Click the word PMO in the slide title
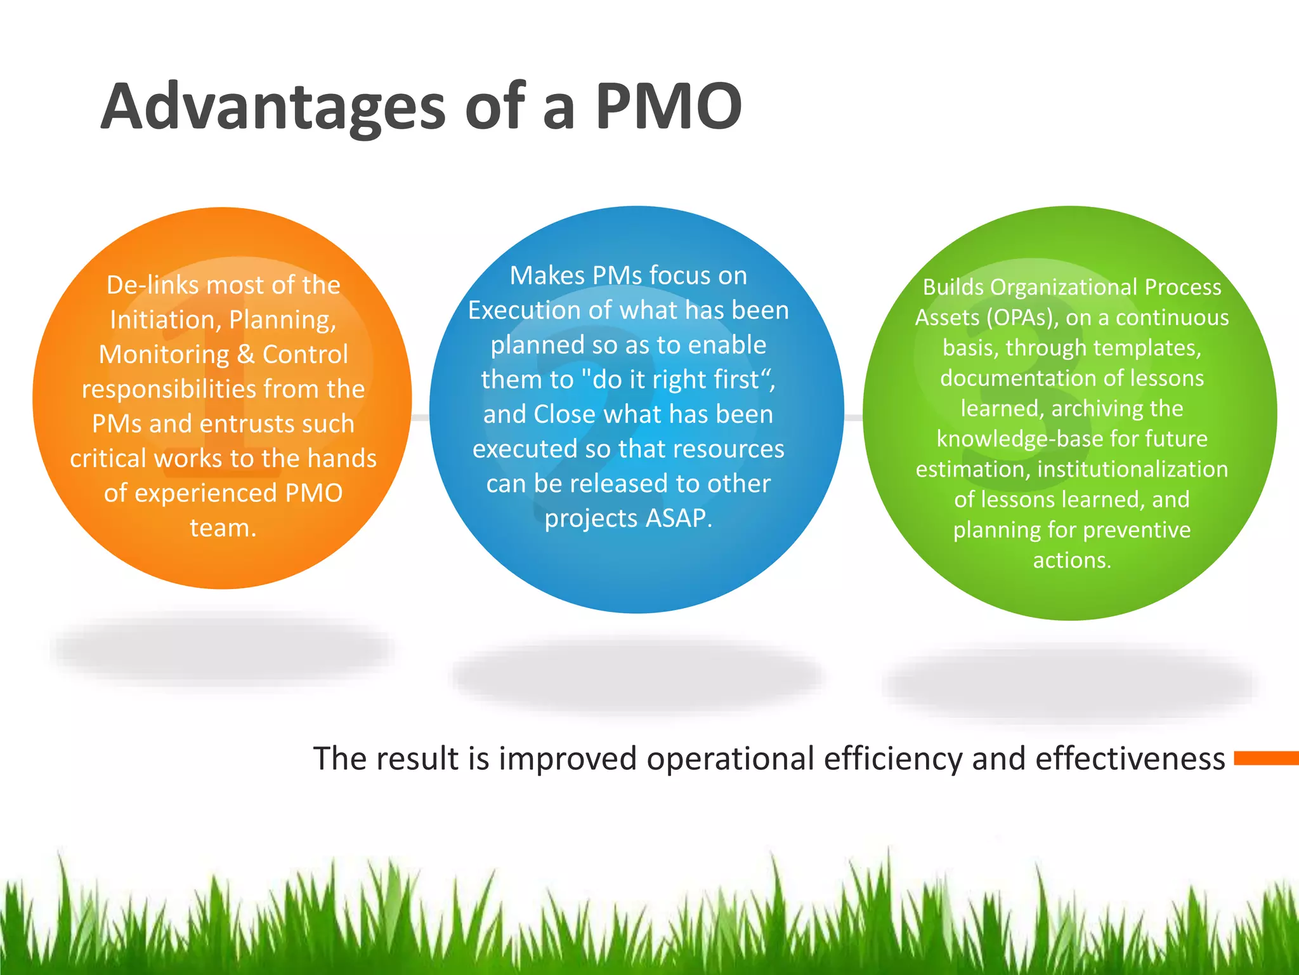click(669, 106)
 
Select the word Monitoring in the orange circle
click(164, 355)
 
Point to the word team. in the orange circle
click(223, 528)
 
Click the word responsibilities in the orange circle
click(168, 389)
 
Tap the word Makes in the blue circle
click(546, 275)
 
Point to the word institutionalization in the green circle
click(1132, 469)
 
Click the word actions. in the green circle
click(1072, 560)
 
